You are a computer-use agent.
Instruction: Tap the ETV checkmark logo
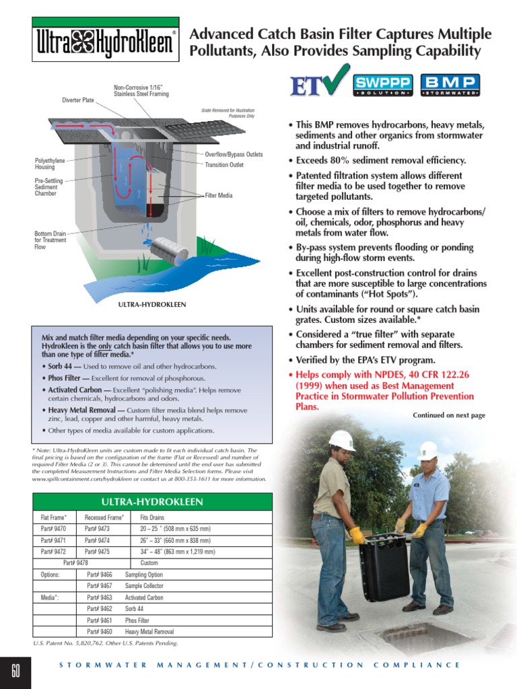(318, 83)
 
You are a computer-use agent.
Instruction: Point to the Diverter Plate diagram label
(78, 100)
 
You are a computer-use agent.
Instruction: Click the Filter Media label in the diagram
(219, 195)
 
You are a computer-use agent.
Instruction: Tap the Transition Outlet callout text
(224, 165)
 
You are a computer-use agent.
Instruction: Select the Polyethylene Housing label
(50, 164)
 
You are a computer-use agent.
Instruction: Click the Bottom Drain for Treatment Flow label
(50, 240)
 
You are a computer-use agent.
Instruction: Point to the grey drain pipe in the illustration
(169, 251)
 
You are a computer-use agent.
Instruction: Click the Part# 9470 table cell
(53, 529)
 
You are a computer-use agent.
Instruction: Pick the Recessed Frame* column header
(104, 517)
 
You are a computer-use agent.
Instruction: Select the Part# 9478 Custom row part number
(75, 563)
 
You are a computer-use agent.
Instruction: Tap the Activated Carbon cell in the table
(144, 597)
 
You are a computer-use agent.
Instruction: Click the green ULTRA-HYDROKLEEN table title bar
(152, 502)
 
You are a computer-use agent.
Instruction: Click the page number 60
(16, 670)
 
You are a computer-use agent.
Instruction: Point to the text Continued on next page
(448, 415)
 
